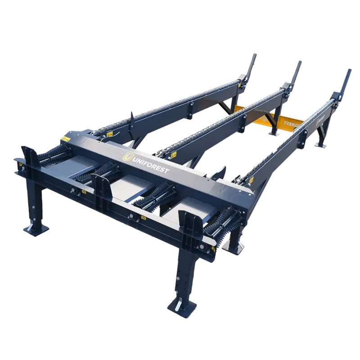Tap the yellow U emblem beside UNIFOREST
pos(128,157)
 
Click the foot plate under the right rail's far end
pos(321,144)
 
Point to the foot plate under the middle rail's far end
pos(274,133)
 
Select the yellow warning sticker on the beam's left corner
pos(66,138)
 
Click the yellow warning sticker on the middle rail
pos(173,154)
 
